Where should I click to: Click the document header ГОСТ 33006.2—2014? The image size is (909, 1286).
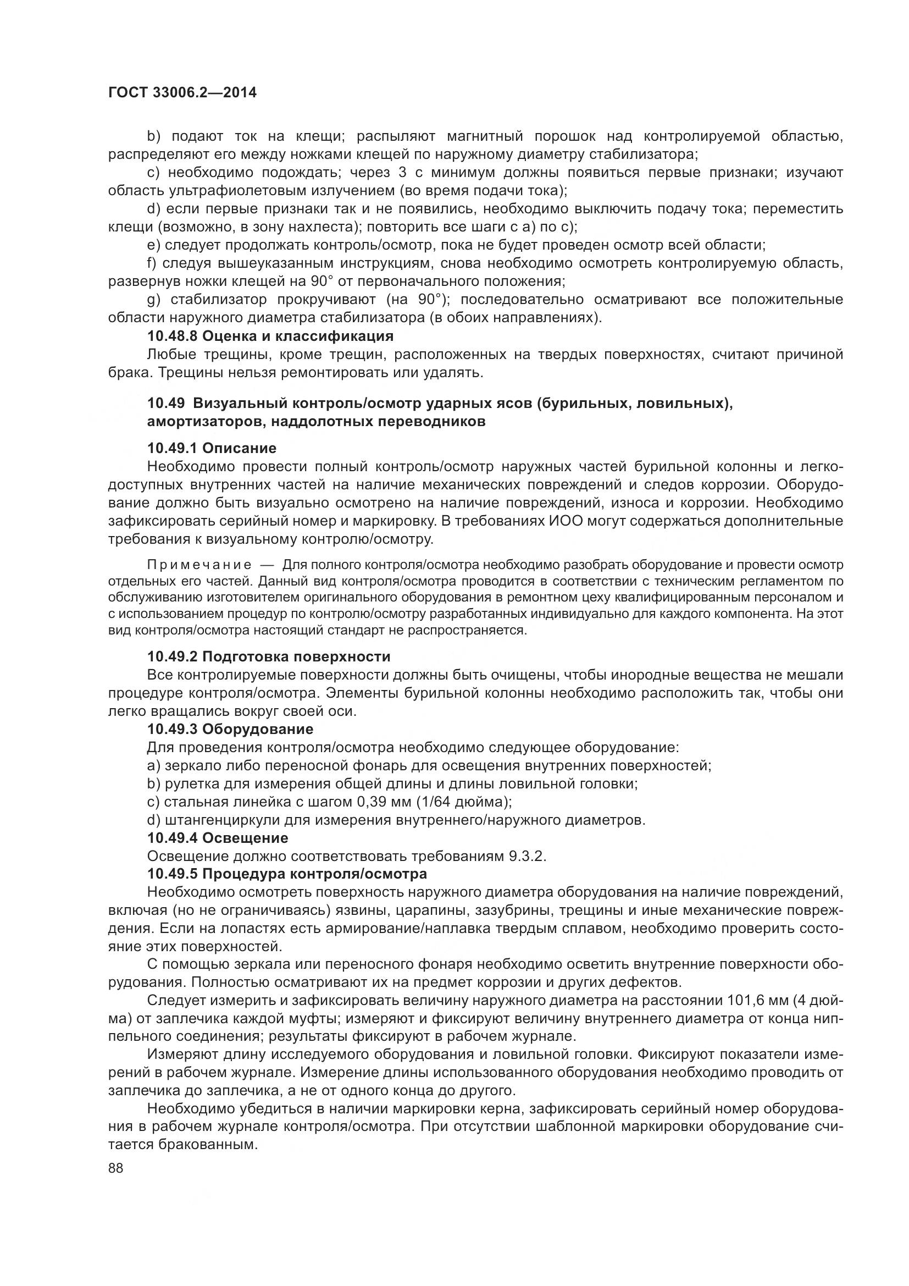tap(182, 92)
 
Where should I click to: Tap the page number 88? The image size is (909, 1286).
tap(116, 1168)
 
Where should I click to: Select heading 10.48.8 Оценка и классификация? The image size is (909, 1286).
tap(270, 336)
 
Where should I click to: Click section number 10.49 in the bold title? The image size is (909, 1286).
tap(166, 403)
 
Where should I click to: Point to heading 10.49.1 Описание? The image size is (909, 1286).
tap(212, 448)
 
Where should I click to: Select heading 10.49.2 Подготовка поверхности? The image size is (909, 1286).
tap(269, 656)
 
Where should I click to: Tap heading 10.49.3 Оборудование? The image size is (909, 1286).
tap(230, 728)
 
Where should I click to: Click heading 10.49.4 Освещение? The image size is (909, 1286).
tap(218, 838)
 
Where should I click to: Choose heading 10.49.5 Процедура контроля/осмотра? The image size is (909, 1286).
tap(287, 874)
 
